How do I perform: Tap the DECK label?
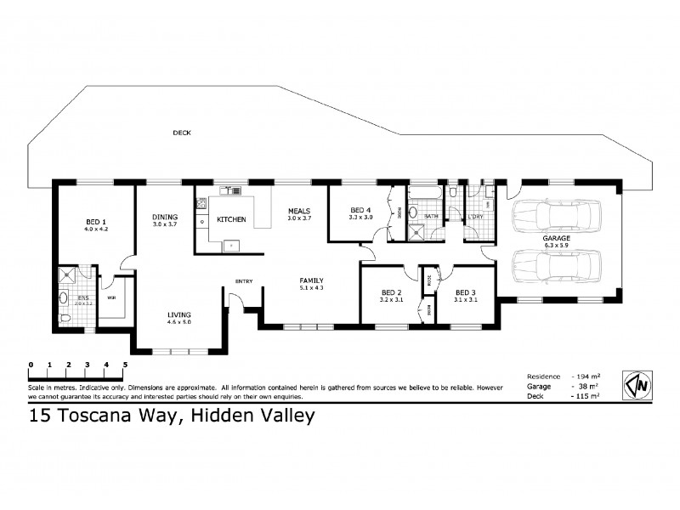pyautogui.click(x=181, y=133)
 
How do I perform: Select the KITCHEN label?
pyautogui.click(x=231, y=219)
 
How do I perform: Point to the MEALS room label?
pyautogui.click(x=298, y=211)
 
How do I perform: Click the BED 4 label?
pyautogui.click(x=361, y=210)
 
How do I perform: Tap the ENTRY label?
pyautogui.click(x=244, y=283)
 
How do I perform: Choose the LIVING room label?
pyautogui.click(x=179, y=314)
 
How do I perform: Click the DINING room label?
pyautogui.click(x=164, y=216)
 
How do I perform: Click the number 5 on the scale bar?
pyautogui.click(x=125, y=365)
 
